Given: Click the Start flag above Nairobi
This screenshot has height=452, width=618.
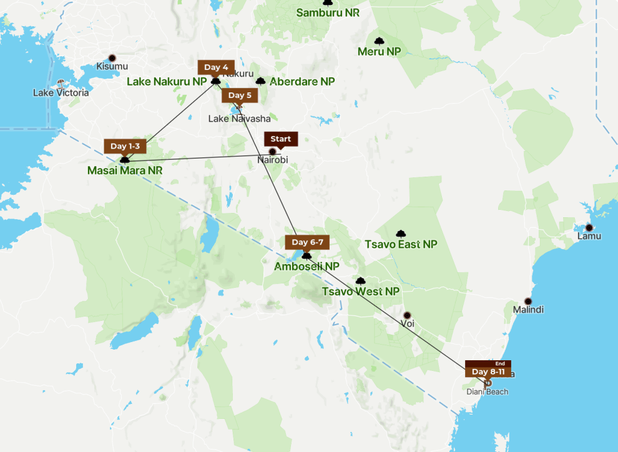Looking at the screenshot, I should [281, 139].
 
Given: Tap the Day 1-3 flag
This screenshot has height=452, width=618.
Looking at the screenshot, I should [125, 146].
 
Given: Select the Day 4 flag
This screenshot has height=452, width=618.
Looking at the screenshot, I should [216, 67].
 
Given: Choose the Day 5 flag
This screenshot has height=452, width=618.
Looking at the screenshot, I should [240, 96].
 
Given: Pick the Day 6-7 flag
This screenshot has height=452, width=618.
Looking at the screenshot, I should [307, 242].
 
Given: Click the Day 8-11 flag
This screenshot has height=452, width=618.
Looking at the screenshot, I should [488, 371].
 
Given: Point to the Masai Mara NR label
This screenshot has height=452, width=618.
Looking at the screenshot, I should [125, 170].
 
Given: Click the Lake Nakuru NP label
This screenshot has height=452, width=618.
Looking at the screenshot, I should [166, 82].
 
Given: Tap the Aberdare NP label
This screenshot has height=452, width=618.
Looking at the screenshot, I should [302, 82].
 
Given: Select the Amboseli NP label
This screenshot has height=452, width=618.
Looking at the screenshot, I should [307, 267].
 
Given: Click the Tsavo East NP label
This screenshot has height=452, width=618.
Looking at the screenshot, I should [401, 244].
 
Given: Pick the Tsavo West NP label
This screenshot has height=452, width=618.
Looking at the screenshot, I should [360, 292].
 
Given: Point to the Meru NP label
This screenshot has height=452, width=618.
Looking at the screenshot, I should [379, 51].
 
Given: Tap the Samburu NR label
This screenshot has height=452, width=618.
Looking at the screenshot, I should [328, 12].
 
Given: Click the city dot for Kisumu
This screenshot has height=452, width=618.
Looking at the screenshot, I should [112, 57].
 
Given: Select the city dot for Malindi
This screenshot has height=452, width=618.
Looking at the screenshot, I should [528, 301].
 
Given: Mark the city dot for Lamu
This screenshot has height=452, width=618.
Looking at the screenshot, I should [589, 227].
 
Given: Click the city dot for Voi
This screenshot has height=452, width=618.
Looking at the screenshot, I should [407, 315].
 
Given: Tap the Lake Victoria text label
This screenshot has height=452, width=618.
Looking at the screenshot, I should [61, 92].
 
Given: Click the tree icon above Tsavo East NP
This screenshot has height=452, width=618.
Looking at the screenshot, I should [401, 233].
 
